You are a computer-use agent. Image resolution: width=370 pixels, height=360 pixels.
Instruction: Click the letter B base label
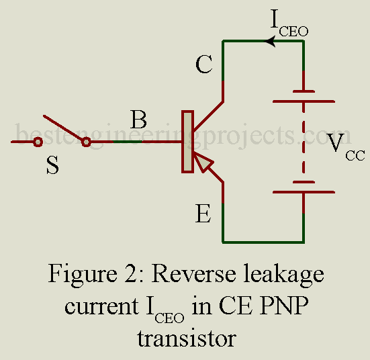pos(139,121)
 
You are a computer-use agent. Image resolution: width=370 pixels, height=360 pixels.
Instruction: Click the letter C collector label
pos(205,65)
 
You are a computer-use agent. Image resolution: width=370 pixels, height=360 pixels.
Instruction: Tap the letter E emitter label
pos(203,215)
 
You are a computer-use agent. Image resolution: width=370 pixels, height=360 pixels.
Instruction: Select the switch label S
pos(52,165)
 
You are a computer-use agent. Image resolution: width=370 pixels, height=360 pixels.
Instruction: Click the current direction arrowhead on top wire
pos(270,42)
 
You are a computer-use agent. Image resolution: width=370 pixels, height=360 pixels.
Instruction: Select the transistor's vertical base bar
pos(187,142)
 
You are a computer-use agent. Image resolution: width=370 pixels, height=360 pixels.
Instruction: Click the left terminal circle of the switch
pos(38,142)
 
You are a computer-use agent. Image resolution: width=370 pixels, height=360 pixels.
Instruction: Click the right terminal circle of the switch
pos(86,142)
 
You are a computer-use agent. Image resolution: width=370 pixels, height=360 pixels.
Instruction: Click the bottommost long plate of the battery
pos(304,192)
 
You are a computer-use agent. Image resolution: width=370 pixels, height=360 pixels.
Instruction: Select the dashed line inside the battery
pos(304,141)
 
